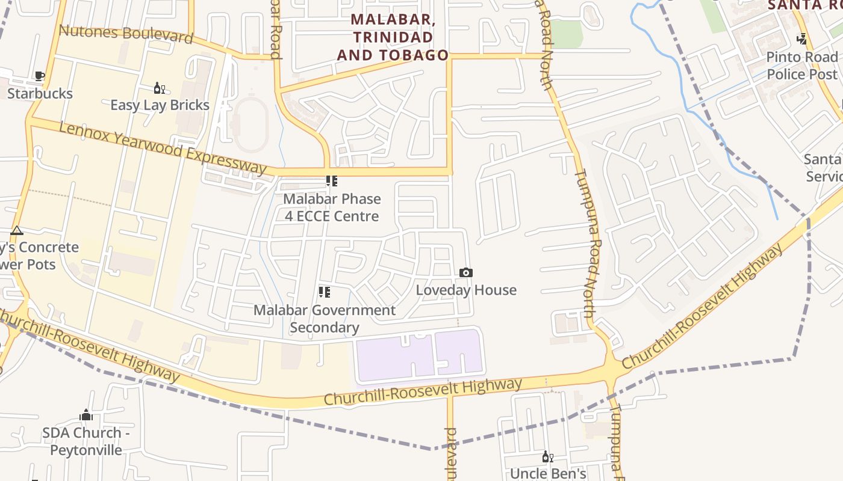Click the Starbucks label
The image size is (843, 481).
(x=40, y=93)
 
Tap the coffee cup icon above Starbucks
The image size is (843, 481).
(x=40, y=76)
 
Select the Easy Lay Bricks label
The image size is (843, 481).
(x=160, y=105)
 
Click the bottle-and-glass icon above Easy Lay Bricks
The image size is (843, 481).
(x=159, y=88)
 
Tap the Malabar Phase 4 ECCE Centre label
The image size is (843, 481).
(x=332, y=207)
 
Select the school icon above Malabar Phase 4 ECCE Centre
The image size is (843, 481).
(x=331, y=181)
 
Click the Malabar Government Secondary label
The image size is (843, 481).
(x=325, y=319)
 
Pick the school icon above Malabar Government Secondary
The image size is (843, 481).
(x=325, y=292)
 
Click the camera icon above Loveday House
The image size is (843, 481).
(x=465, y=272)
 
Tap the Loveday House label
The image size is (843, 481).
(x=466, y=290)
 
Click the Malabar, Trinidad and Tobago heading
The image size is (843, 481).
(x=393, y=37)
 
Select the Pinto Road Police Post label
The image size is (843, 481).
(x=802, y=66)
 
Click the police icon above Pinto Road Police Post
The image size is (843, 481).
(x=801, y=39)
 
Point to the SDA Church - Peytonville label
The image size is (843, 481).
(x=86, y=441)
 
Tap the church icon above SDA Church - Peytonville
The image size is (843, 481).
(x=86, y=415)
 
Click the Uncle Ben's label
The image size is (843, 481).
(x=548, y=473)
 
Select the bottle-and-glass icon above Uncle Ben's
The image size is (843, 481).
(x=547, y=457)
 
